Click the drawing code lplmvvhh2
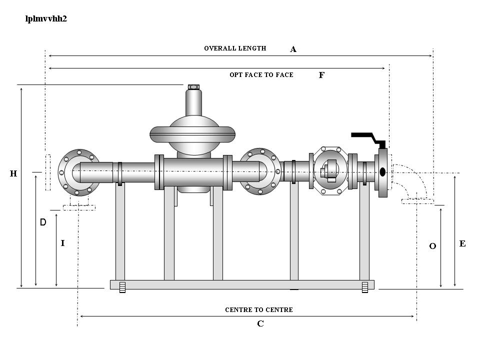46,19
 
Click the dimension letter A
293,49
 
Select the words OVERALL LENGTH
235,48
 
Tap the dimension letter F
321,75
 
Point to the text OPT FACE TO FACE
261,75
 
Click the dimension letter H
13,174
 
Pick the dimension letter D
43,222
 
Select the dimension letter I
62,243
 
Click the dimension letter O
432,246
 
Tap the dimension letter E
462,244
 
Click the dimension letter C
260,324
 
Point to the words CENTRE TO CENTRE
258,310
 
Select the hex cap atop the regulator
193,87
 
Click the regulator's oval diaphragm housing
192,131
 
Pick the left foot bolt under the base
122,287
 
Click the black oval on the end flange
382,172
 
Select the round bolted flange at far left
78,172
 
